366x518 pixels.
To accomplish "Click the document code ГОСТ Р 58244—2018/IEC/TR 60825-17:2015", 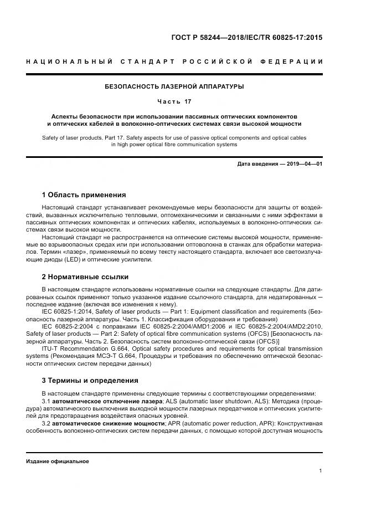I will (x=246, y=38).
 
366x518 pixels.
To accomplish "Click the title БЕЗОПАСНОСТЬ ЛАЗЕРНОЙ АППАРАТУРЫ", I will (x=174, y=86).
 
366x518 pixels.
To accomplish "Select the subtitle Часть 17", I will (x=174, y=102).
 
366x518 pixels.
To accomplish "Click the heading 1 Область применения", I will (x=84, y=195).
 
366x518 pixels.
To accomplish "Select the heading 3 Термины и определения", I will (x=90, y=381).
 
